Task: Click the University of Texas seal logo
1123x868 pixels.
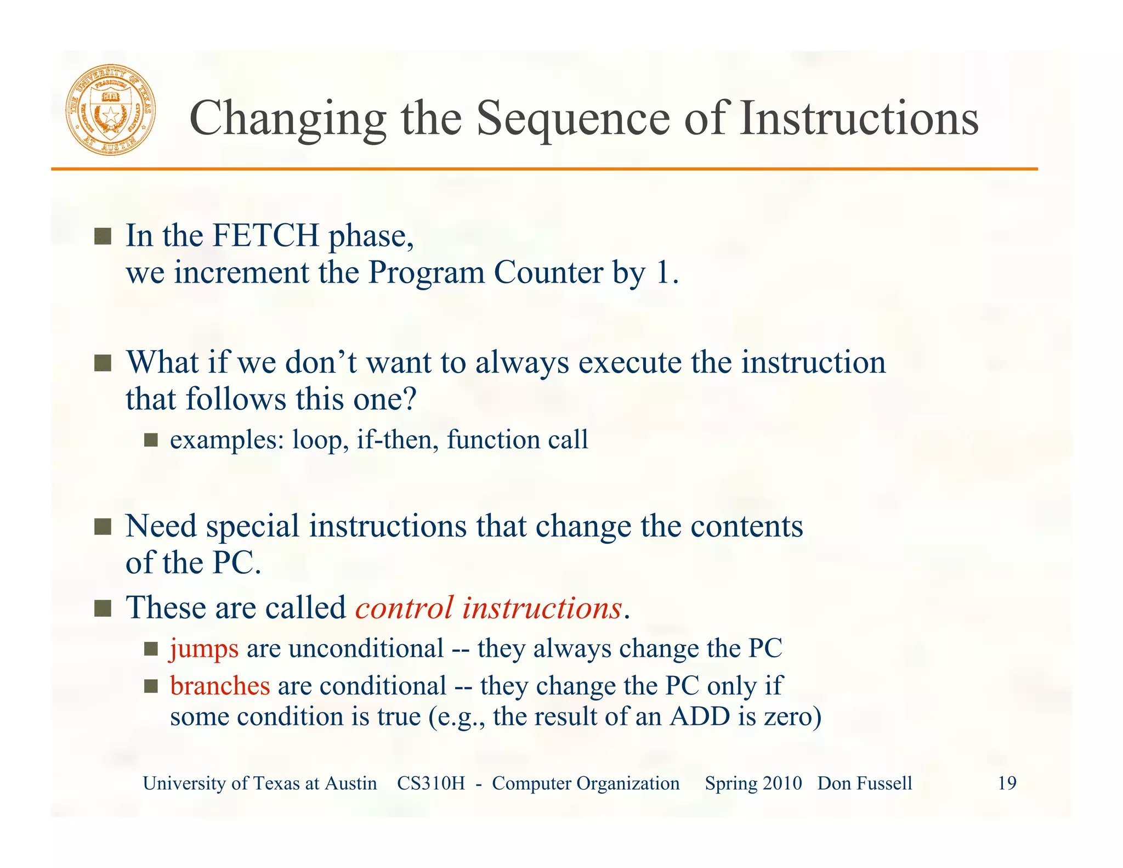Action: [111, 109]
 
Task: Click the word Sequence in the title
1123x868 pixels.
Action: [572, 119]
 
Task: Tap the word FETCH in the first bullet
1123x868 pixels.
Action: [265, 235]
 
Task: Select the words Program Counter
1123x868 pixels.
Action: [485, 272]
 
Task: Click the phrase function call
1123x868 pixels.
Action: [517, 439]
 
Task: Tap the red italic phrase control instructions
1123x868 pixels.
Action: [489, 608]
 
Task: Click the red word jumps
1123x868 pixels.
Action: [204, 649]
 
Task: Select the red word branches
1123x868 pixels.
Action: [220, 686]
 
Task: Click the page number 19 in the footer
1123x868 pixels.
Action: [1007, 783]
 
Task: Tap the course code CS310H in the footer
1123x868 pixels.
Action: [430, 783]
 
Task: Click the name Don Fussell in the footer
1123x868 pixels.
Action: [865, 783]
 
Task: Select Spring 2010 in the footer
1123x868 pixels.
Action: [753, 783]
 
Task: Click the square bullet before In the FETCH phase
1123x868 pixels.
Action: [103, 237]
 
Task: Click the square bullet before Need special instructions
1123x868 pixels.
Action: [103, 527]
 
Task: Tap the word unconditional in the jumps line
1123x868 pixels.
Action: [366, 649]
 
